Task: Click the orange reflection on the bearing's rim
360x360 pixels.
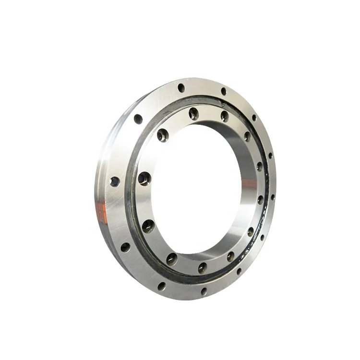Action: (102, 211)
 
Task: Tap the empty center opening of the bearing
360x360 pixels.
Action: (197, 187)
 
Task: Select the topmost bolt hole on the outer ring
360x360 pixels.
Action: (181, 88)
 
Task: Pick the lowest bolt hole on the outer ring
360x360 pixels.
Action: (204, 291)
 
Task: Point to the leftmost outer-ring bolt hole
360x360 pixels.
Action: (114, 181)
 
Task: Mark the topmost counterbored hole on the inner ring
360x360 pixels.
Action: (193, 113)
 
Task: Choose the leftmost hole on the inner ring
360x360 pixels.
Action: (144, 179)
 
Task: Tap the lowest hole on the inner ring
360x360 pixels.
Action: (202, 267)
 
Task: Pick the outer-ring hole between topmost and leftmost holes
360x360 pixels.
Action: (138, 119)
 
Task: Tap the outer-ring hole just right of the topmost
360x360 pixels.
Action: (223, 91)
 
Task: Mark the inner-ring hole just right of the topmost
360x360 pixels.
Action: (225, 116)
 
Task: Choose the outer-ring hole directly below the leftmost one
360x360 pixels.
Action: (125, 247)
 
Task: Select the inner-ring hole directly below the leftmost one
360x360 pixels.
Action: (148, 225)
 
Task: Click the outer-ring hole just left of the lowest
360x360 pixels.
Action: (162, 286)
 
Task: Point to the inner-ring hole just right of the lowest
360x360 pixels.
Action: (230, 256)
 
